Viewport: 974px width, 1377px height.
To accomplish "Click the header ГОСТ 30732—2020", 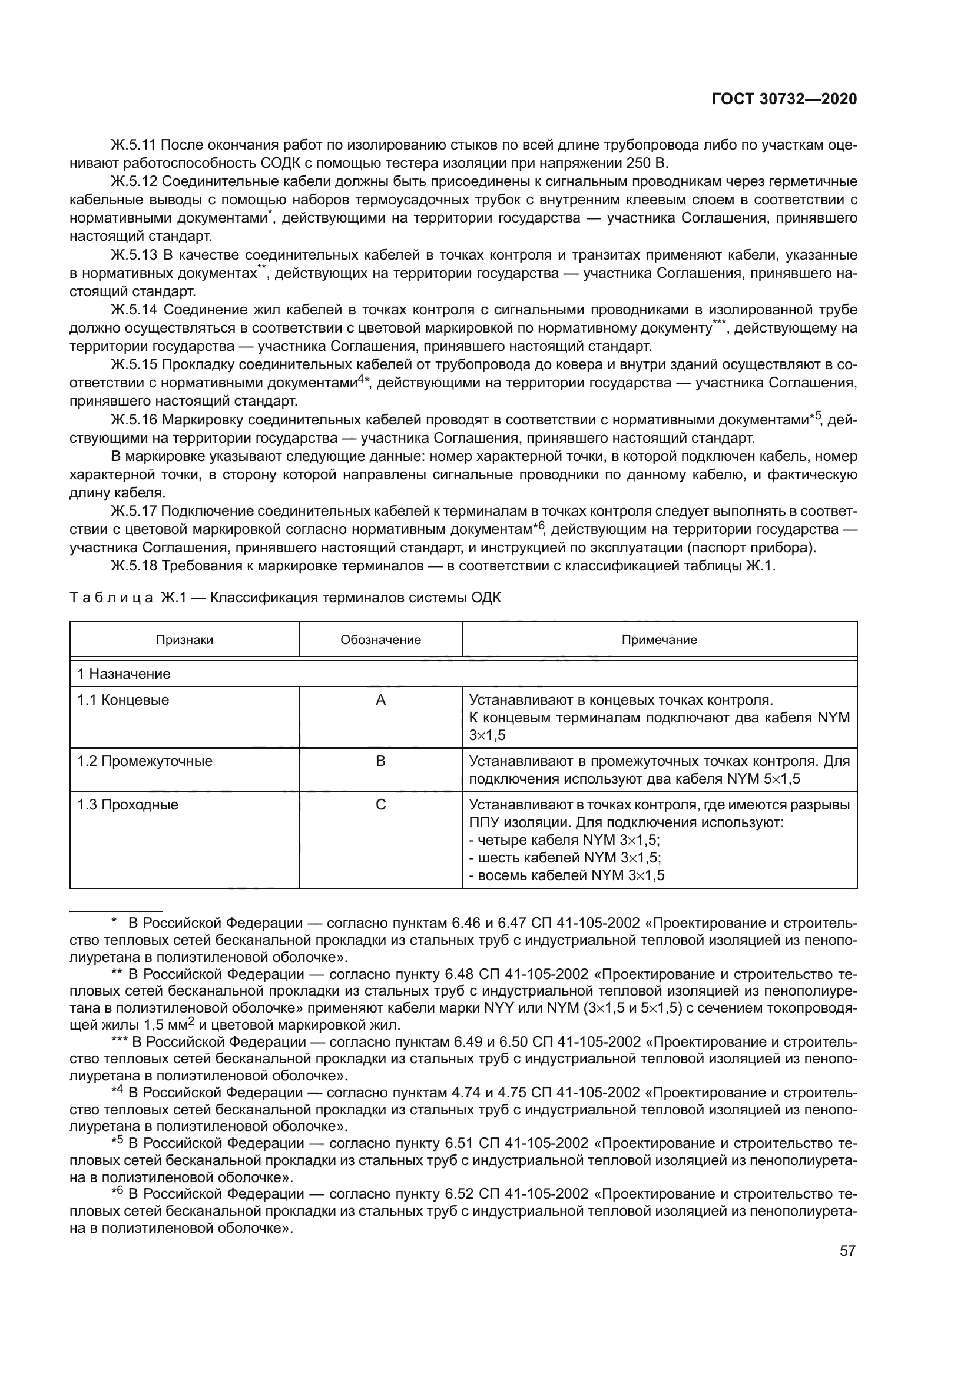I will (x=784, y=99).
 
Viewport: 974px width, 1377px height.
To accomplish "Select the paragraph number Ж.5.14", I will (x=134, y=310).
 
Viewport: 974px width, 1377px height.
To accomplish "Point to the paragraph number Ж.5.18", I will (x=134, y=566).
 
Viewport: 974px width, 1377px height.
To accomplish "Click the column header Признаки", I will (x=184, y=639).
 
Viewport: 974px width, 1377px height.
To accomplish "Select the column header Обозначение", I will (x=380, y=639).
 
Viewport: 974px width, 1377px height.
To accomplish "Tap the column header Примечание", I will (x=658, y=639).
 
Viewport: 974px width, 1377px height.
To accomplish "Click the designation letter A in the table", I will (x=380, y=700).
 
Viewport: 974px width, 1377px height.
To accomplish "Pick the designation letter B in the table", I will (x=380, y=761).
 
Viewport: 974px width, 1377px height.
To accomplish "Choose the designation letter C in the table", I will (x=380, y=804).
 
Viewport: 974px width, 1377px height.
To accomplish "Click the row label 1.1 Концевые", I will (x=123, y=700).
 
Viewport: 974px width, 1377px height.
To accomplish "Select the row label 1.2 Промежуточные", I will (x=144, y=761).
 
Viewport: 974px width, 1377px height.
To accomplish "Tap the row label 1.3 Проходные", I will (x=127, y=804).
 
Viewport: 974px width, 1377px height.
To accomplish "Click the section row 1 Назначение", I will (x=124, y=673).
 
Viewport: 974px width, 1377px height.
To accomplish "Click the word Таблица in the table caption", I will (x=111, y=598).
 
